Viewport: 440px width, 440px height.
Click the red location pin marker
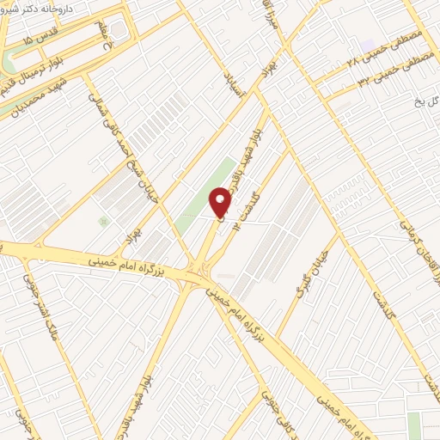pyautogui.click(x=221, y=203)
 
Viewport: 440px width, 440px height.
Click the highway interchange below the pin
pyautogui.click(x=203, y=276)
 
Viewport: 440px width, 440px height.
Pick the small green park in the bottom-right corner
pyautogui.click(x=415, y=425)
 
